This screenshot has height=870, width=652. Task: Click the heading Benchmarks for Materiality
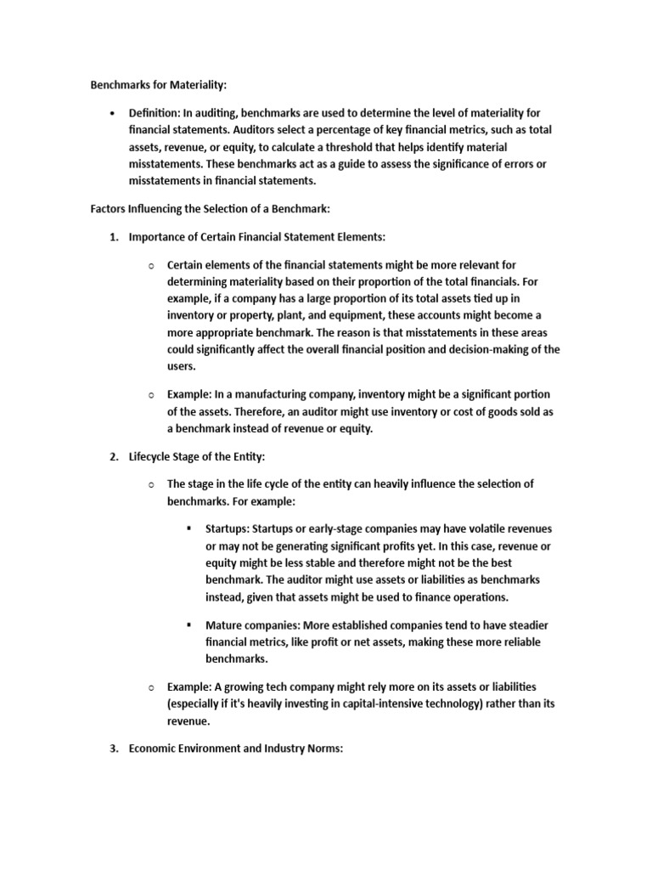pos(159,86)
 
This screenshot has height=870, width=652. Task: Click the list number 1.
pos(113,237)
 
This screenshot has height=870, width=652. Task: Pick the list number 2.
pos(113,456)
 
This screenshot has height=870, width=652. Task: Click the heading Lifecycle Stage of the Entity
pos(197,456)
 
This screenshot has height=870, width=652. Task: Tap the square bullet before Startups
pos(189,528)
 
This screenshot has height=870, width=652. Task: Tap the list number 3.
pos(113,749)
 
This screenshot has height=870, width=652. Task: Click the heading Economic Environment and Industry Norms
pos(235,749)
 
